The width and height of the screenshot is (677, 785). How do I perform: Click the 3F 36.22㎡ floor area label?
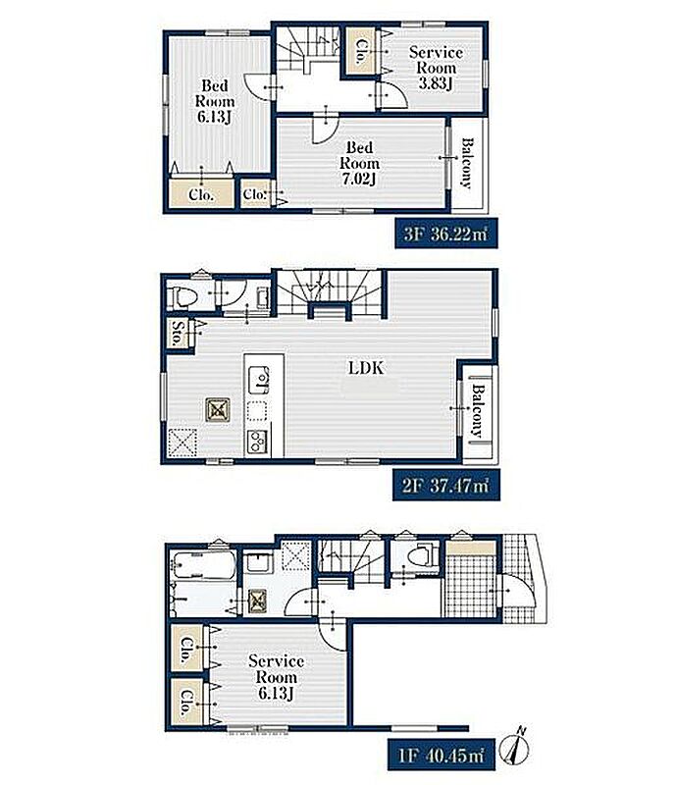(445, 233)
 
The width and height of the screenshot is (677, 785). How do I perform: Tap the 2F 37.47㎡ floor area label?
(445, 485)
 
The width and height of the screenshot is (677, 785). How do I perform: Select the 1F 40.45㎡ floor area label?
(442, 755)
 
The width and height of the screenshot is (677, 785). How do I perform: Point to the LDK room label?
(366, 368)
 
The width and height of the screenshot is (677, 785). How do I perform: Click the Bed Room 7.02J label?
(359, 163)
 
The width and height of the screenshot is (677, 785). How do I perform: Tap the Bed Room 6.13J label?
(215, 101)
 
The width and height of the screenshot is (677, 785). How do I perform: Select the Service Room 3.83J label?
(436, 68)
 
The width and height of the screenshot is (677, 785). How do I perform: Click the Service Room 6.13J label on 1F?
(276, 677)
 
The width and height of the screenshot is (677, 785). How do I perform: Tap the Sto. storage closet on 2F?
(178, 333)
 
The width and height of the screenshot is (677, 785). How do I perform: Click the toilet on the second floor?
(182, 297)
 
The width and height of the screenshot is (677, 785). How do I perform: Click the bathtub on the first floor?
(202, 565)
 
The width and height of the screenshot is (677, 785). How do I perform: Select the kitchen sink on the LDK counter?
(258, 380)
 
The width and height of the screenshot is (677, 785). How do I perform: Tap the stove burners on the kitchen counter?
(257, 442)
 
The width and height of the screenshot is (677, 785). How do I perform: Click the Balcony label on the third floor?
(467, 164)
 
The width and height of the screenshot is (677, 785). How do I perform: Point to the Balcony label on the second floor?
(478, 411)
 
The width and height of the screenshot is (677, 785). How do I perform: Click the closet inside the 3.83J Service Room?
(359, 51)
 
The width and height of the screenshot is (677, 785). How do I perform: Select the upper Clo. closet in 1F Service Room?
(186, 649)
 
